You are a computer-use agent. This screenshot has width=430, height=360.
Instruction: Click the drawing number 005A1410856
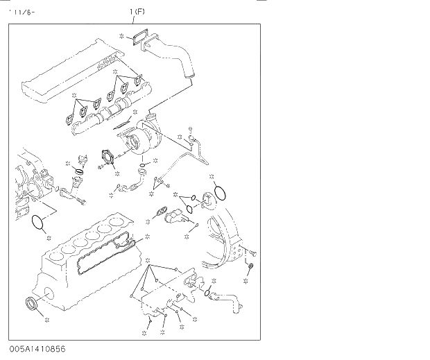[38, 349]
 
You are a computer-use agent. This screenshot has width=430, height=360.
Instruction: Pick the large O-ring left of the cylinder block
[37, 223]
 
